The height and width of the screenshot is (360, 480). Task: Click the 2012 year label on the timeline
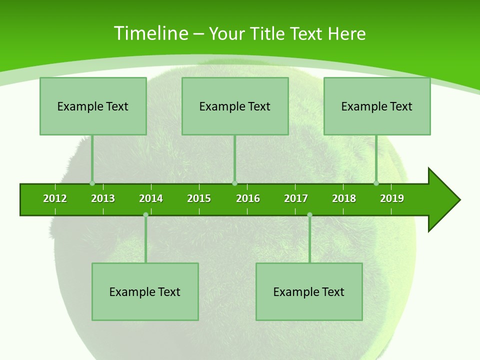point(55,198)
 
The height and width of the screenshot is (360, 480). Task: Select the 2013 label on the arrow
point(103,198)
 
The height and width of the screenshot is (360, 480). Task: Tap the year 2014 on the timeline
point(151,198)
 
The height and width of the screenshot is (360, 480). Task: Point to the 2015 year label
point(199,198)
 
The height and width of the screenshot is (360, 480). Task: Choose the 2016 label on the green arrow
point(248,198)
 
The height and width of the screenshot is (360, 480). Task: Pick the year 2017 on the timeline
point(296,198)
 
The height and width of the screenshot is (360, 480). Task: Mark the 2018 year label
point(344,198)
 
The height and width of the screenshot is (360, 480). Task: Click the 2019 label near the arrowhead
point(392,198)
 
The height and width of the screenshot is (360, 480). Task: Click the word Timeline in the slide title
point(150,33)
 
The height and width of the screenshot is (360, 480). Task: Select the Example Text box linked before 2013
point(93,106)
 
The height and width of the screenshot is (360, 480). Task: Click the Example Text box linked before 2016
point(235,106)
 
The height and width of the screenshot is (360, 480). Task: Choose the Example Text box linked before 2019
point(377,106)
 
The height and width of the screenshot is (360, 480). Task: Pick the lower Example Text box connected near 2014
point(145,291)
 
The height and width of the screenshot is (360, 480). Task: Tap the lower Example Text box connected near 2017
point(309,291)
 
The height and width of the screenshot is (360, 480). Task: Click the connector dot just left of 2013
point(92,183)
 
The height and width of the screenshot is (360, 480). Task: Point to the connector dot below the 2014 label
point(145,215)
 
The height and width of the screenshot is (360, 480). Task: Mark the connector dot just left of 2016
point(234,183)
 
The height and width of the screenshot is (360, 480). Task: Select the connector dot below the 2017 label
point(309,215)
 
